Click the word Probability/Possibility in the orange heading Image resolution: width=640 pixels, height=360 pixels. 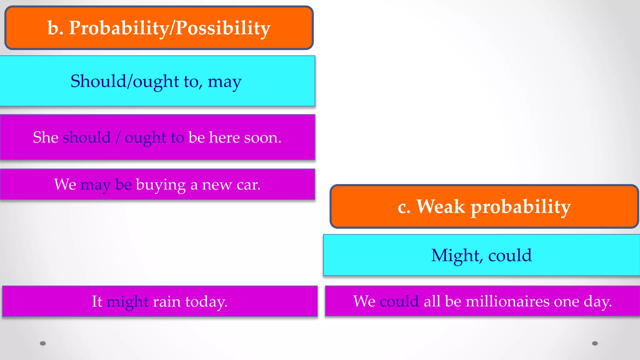pyautogui.click(x=169, y=28)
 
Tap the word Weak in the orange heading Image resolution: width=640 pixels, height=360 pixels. pyautogui.click(x=441, y=207)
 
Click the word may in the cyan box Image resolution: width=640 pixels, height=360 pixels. pyautogui.click(x=224, y=82)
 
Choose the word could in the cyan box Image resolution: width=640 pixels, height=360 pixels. pyautogui.click(x=510, y=255)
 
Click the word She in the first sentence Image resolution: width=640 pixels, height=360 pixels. pyautogui.click(x=45, y=137)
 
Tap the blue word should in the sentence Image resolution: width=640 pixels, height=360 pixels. pyautogui.click(x=87, y=137)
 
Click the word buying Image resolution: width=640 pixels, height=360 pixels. pyautogui.click(x=161, y=185)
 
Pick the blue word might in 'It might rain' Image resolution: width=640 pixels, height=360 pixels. pyautogui.click(x=127, y=302)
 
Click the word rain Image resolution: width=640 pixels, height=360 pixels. pyautogui.click(x=167, y=302)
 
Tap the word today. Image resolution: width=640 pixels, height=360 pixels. pyautogui.click(x=206, y=302)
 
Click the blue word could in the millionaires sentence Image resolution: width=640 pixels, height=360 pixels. pyautogui.click(x=399, y=301)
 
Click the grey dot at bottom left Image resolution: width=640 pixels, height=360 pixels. pyautogui.click(x=43, y=343)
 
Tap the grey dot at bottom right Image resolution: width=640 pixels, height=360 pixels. pyautogui.click(x=595, y=343)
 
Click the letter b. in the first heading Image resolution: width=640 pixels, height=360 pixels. pyautogui.click(x=55, y=28)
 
